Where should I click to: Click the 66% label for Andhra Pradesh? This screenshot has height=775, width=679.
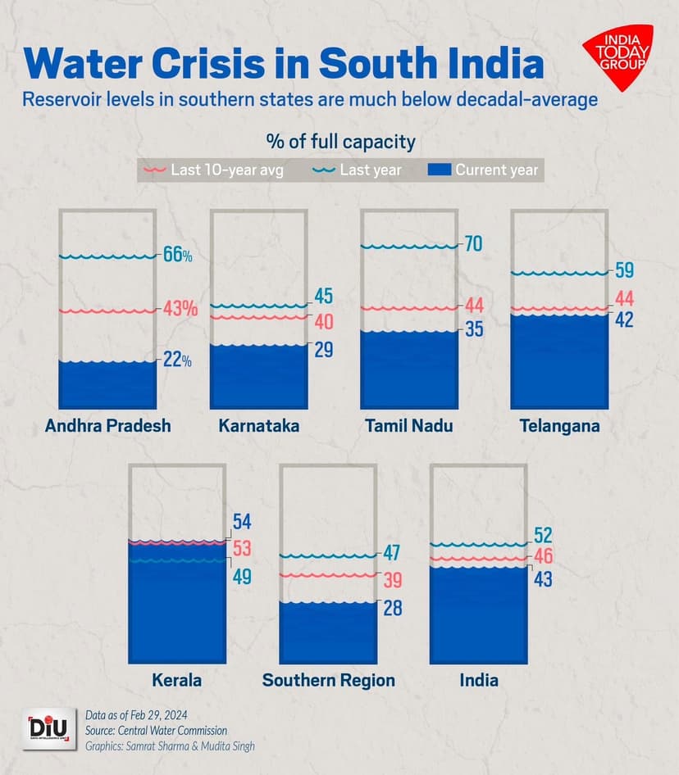[x=177, y=254]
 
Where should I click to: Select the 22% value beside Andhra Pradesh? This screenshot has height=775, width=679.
[x=177, y=360]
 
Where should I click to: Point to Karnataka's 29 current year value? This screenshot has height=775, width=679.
[x=323, y=350]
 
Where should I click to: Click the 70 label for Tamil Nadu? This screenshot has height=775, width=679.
[x=472, y=243]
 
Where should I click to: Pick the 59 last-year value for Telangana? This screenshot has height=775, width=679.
[x=624, y=270]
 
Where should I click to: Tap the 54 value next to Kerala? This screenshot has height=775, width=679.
[x=242, y=523]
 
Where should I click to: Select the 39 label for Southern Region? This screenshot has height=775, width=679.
[x=392, y=580]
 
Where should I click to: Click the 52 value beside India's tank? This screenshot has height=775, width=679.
[x=543, y=535]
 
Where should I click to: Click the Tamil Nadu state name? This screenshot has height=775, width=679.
[x=408, y=426]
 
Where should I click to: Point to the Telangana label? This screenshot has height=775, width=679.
[x=558, y=426]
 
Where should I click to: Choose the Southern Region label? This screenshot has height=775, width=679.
[x=328, y=680]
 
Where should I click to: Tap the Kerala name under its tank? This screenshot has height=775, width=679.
[x=176, y=680]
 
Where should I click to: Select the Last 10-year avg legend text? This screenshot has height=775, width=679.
[x=226, y=170]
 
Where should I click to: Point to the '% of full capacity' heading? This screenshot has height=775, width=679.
[x=340, y=142]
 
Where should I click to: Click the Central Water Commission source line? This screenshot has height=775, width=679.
[x=156, y=730]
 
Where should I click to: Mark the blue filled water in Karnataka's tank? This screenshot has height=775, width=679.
[x=258, y=377]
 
